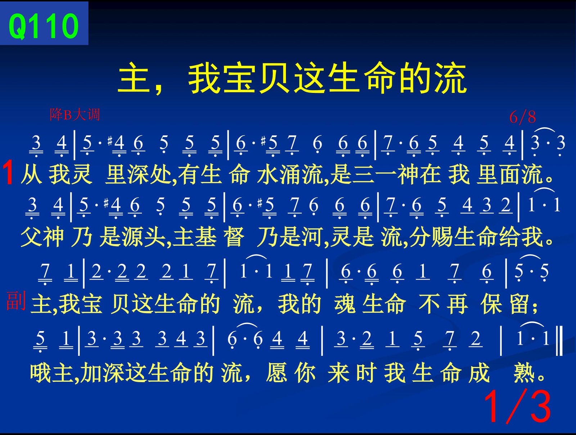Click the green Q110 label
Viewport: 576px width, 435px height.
(44, 26)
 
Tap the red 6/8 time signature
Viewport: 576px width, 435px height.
(522, 117)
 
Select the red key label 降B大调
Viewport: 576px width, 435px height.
(75, 114)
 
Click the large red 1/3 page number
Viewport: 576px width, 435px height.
(517, 406)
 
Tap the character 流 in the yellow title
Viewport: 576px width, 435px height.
(451, 78)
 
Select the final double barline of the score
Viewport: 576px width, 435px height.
(559, 341)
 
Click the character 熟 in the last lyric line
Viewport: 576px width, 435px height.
(523, 373)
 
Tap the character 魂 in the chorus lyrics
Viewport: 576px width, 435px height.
(345, 304)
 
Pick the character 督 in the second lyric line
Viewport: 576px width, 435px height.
(234, 237)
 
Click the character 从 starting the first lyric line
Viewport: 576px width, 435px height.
(31, 174)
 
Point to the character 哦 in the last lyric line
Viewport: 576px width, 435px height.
(41, 373)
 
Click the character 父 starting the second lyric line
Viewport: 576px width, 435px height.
(31, 237)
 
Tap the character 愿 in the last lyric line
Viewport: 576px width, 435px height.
(276, 373)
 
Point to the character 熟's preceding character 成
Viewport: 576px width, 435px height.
(479, 373)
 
